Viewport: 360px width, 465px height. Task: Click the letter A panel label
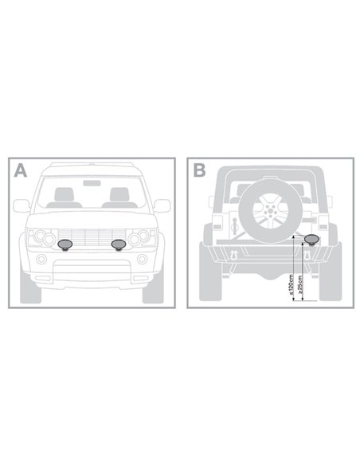coord(20,170)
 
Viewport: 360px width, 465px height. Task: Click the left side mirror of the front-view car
coord(21,205)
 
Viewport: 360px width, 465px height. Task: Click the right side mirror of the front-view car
coord(162,205)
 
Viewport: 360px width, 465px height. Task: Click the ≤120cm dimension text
coord(292,284)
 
